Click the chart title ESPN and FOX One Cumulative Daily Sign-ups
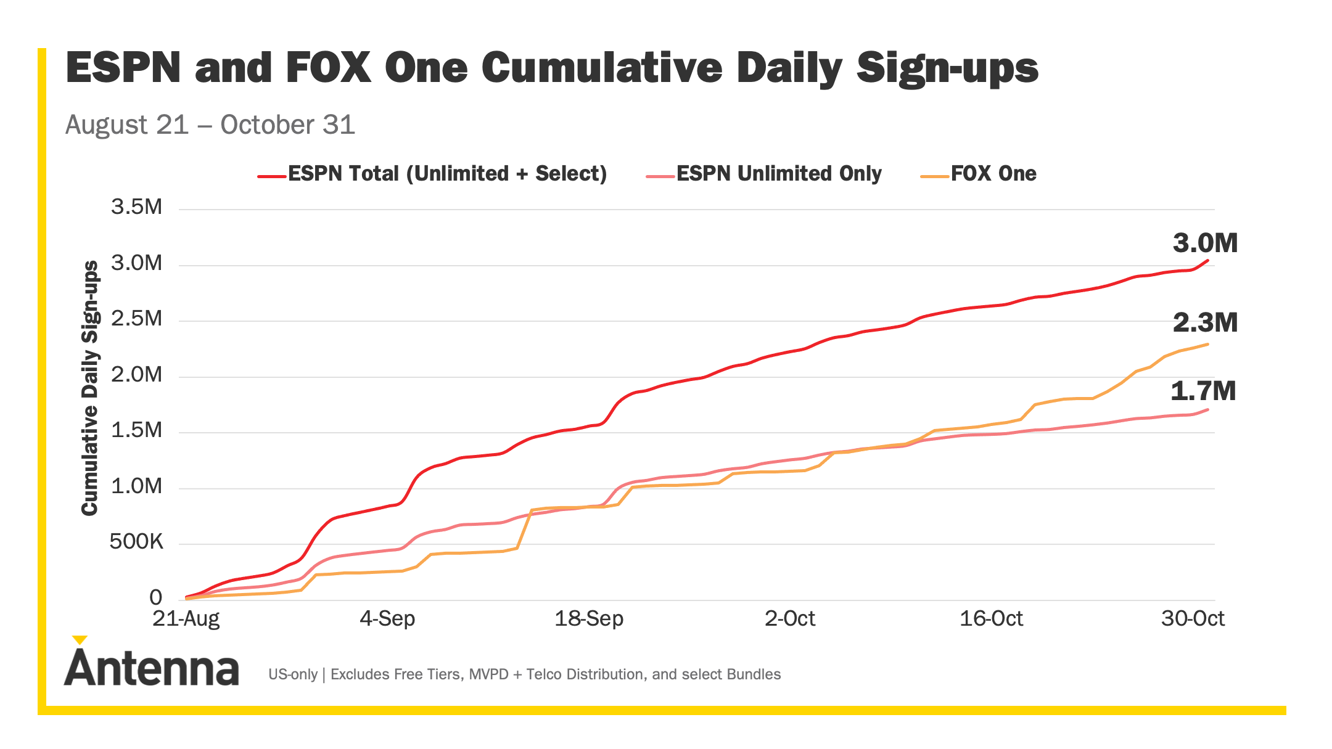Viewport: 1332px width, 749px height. click(x=552, y=68)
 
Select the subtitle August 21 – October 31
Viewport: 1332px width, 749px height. click(x=210, y=125)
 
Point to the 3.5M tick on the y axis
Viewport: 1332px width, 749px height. click(x=136, y=207)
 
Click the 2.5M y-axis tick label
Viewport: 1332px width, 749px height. click(x=136, y=319)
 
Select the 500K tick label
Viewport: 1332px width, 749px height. click(x=136, y=542)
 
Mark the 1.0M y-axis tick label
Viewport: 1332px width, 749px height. click(x=136, y=486)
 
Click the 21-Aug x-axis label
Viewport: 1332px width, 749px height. click(x=186, y=618)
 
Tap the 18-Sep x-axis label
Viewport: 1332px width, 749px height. click(x=589, y=618)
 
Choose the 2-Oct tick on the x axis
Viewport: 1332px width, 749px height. click(x=790, y=618)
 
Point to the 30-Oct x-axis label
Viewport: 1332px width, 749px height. click(x=1193, y=618)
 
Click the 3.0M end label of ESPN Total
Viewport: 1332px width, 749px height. click(x=1205, y=244)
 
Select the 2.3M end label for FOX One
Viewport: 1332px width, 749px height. click(x=1205, y=323)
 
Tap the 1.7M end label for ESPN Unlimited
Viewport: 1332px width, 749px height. click(x=1203, y=391)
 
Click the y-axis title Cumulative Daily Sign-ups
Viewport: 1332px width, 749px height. click(x=90, y=388)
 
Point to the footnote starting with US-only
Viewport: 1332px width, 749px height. click(x=524, y=674)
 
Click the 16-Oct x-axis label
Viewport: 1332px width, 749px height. click(x=991, y=618)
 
